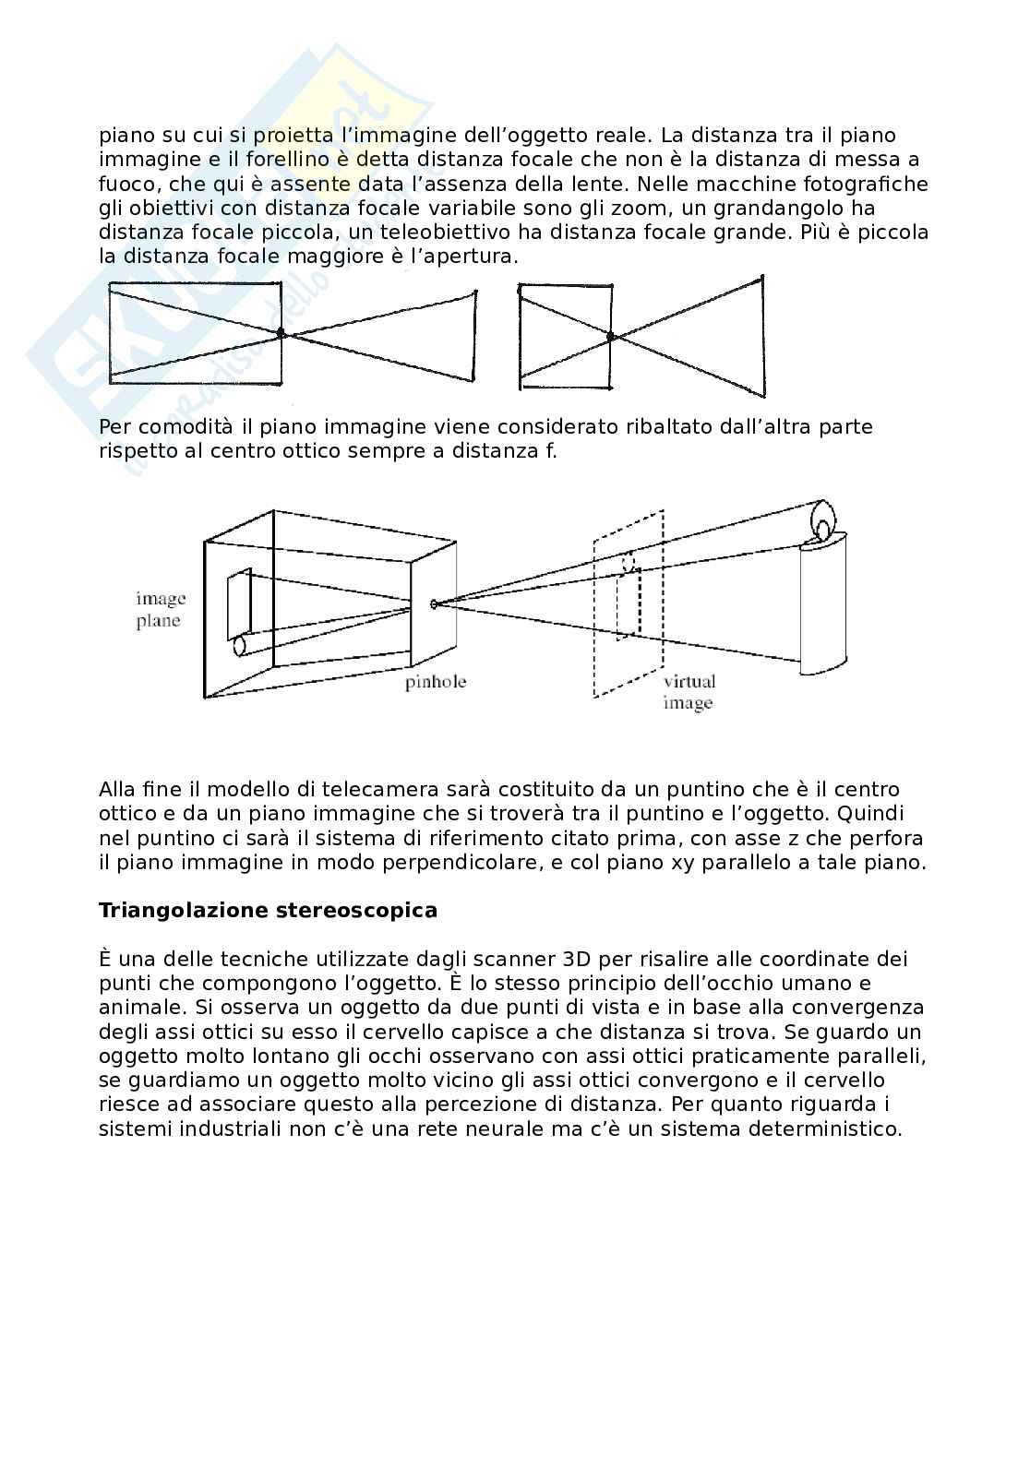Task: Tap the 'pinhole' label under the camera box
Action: coord(435,683)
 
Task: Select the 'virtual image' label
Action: coord(689,692)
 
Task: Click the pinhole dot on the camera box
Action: coord(434,604)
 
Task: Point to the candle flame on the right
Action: coord(822,518)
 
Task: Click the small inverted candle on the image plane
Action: coord(242,643)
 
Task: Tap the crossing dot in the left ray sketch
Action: coord(282,333)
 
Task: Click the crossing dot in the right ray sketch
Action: coord(610,337)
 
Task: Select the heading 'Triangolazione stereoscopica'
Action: coord(268,911)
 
